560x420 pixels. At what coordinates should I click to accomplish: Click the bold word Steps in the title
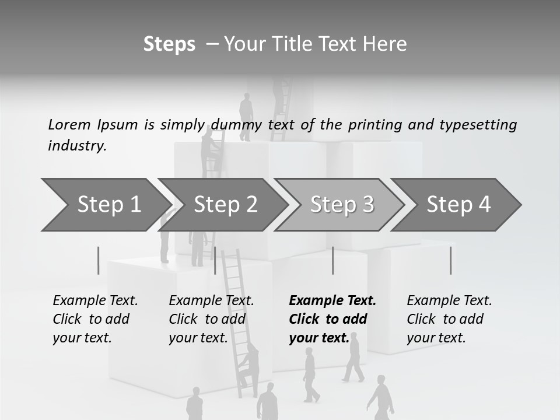169,44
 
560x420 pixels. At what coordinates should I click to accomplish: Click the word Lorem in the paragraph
69,124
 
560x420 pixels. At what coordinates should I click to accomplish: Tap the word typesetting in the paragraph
478,124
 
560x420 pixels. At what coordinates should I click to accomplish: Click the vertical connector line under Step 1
99,260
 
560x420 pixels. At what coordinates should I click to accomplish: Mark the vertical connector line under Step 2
215,260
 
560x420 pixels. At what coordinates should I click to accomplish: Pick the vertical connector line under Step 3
333,260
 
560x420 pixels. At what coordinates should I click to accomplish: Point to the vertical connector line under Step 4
451,260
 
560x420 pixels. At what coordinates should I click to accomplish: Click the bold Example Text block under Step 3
332,319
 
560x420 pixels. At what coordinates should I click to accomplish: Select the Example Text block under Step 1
95,319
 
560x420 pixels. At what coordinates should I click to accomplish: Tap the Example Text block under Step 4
449,319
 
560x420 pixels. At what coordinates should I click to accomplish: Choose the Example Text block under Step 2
211,319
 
